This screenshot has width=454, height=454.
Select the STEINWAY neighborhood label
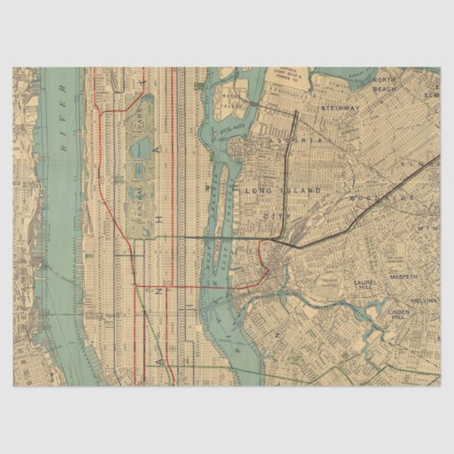340,108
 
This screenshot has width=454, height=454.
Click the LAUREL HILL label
367,285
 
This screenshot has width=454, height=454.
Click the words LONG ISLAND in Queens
282,190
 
